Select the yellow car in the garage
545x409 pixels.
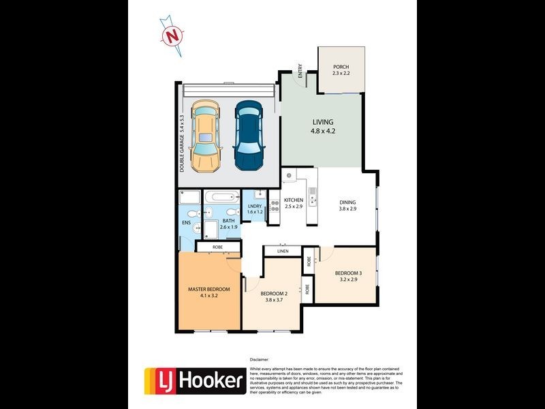pyautogui.click(x=206, y=136)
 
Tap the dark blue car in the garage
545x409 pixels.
pyautogui.click(x=249, y=136)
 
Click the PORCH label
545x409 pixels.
pyautogui.click(x=341, y=67)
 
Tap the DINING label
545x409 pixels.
pyautogui.click(x=348, y=202)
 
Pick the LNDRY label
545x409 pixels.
pyautogui.click(x=255, y=206)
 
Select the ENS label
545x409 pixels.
pyautogui.click(x=186, y=222)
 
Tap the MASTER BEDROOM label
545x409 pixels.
pyautogui.click(x=208, y=289)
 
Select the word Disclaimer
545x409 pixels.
pyautogui.click(x=260, y=359)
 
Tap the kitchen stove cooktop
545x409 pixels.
pyautogui.click(x=275, y=206)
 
